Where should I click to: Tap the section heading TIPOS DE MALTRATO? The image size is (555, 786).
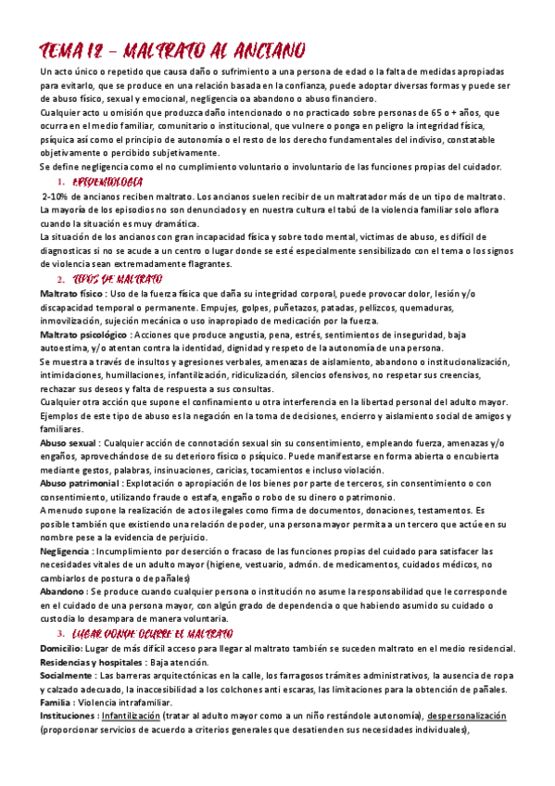click(x=117, y=279)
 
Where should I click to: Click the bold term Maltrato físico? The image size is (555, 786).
click(x=72, y=293)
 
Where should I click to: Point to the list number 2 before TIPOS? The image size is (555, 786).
click(x=60, y=280)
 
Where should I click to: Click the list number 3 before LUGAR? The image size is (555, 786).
click(x=60, y=633)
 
